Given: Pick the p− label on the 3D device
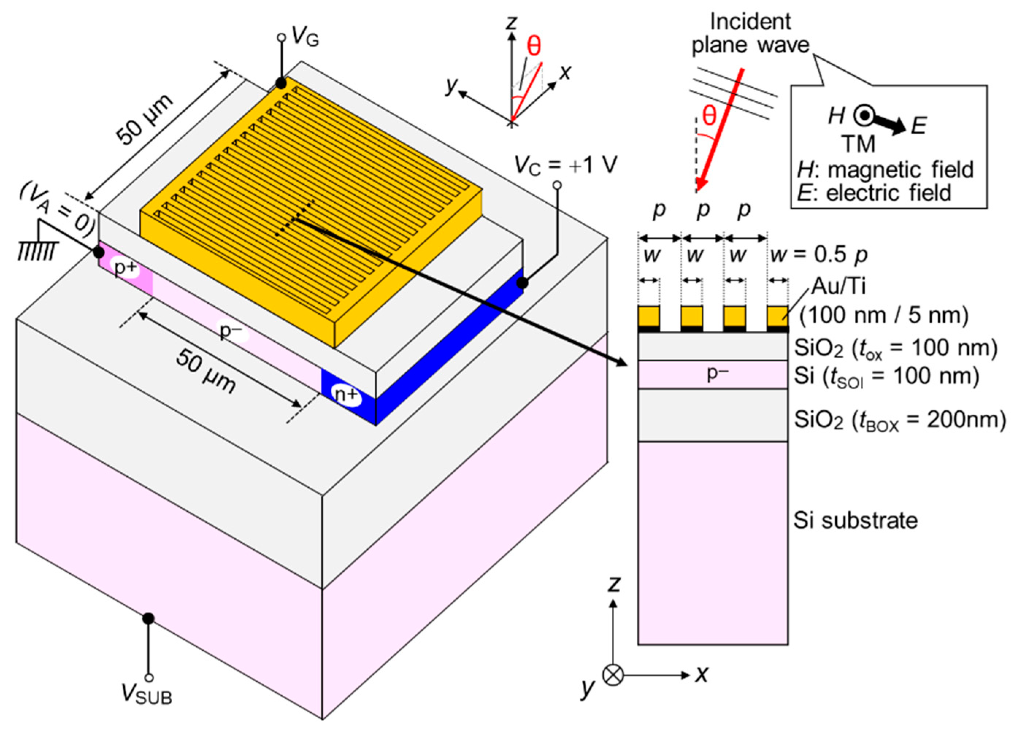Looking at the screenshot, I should pos(231,331).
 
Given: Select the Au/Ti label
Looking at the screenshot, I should pos(838,286).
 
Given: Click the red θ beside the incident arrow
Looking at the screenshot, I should pos(709,116).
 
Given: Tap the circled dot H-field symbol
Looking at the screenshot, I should pos(865,116).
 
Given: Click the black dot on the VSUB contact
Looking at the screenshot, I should pos(148,619).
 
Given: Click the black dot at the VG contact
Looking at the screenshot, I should pos(280,83).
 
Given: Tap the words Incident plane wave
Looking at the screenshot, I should pos(751,34).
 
